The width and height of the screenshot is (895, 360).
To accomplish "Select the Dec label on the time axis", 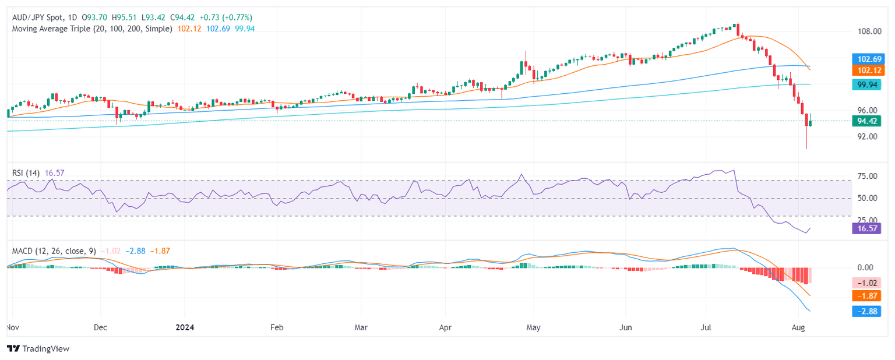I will coord(100,327).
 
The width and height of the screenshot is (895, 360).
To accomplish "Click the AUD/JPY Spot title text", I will coord(37,17).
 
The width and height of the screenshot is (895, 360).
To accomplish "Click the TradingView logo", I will coord(38,348).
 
